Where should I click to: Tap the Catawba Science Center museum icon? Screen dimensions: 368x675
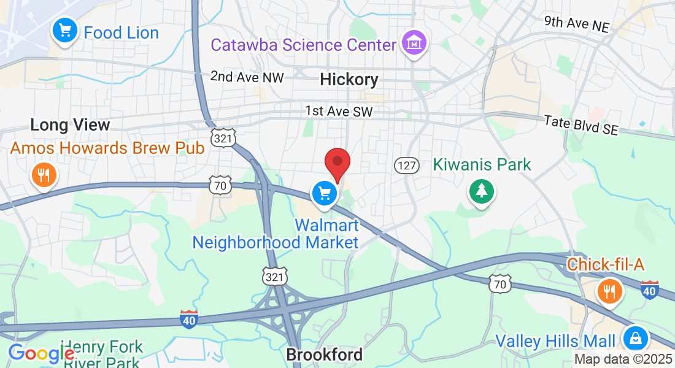coord(414,43)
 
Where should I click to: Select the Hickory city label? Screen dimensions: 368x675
coord(349,79)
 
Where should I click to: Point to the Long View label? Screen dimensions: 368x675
coord(70,125)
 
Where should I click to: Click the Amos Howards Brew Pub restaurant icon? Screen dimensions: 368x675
coord(43,176)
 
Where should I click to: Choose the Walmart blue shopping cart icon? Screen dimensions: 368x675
coord(324,194)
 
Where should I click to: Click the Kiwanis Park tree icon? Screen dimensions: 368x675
coord(482,191)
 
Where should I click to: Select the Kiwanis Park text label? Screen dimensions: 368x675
coord(482,164)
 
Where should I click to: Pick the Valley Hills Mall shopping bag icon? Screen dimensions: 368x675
coord(636,338)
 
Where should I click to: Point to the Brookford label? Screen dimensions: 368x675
coord(325,355)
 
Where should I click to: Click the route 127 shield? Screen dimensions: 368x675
coord(406,165)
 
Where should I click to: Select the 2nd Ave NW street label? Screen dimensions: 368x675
coord(247,77)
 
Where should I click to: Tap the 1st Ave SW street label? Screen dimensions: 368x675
coord(339,112)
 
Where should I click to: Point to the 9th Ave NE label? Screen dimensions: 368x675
coord(577,24)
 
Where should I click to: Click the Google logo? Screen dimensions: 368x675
coord(41,353)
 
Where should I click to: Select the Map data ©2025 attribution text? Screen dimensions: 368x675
coord(622,359)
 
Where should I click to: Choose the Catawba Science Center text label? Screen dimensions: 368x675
coord(304,45)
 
